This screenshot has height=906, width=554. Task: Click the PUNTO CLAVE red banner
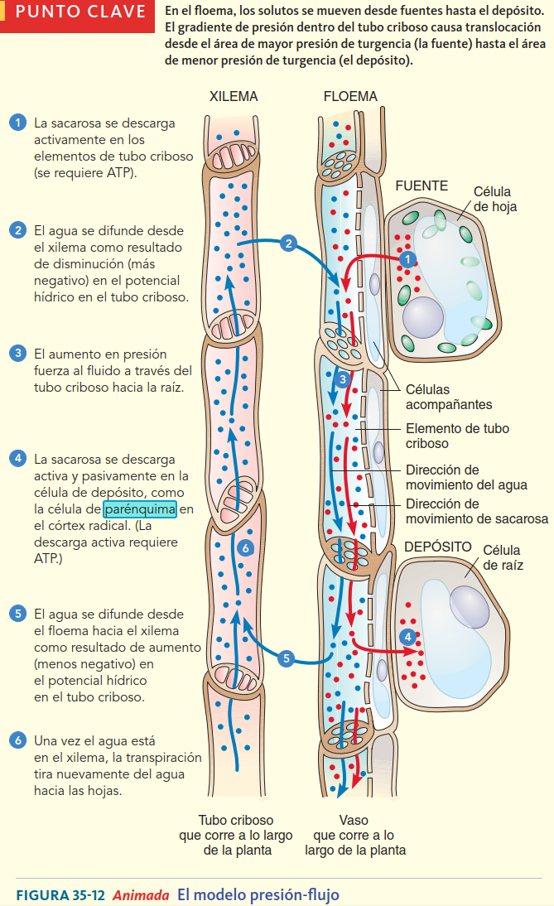pyautogui.click(x=78, y=15)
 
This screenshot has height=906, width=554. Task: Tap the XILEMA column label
pyautogui.click(x=234, y=97)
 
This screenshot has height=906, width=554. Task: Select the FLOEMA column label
pyautogui.click(x=350, y=97)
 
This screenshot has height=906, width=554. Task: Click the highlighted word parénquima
pyautogui.click(x=140, y=509)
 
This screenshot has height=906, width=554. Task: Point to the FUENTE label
pyautogui.click(x=422, y=186)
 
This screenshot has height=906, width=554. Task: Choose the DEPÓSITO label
pyautogui.click(x=437, y=547)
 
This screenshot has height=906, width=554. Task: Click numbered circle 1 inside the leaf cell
pyautogui.click(x=406, y=259)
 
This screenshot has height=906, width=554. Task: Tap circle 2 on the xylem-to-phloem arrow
pyautogui.click(x=287, y=243)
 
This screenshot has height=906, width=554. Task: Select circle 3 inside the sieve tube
pyautogui.click(x=344, y=380)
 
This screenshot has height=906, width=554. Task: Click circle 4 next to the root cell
pyautogui.click(x=407, y=637)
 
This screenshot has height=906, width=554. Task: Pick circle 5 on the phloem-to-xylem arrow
pyautogui.click(x=287, y=658)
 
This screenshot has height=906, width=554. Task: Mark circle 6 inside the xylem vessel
pyautogui.click(x=243, y=547)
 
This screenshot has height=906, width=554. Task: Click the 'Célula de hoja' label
pyautogui.click(x=494, y=200)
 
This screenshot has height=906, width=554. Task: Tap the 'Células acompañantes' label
pyautogui.click(x=448, y=397)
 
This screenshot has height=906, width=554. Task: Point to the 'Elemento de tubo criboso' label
pyautogui.click(x=457, y=436)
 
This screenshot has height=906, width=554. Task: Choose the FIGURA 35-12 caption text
pyautogui.click(x=60, y=894)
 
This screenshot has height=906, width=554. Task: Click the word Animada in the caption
pyautogui.click(x=141, y=894)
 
